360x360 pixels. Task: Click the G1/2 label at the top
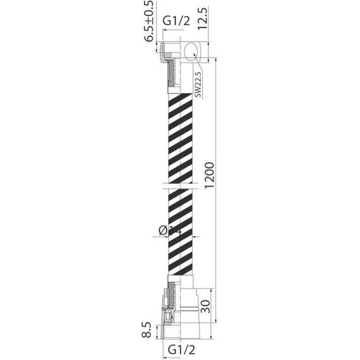click(176, 21)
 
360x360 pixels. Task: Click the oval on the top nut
click(192, 51)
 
